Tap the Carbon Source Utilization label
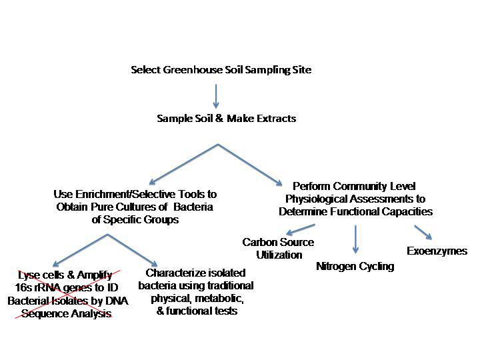click(278, 249)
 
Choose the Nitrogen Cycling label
click(355, 267)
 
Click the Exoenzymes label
click(437, 251)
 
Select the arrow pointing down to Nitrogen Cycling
click(355, 240)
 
